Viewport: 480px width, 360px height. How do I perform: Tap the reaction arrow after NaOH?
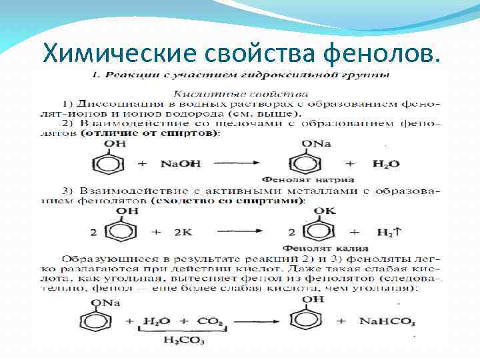pos(238,163)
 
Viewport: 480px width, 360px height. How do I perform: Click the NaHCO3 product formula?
pos(387,321)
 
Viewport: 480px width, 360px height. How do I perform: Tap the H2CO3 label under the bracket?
pos(175,341)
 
